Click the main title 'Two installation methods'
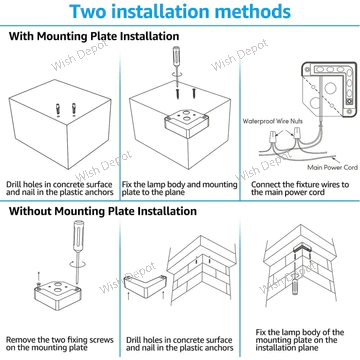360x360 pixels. click(x=180, y=11)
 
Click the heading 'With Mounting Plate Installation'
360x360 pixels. click(x=94, y=36)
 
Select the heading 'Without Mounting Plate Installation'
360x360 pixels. click(x=103, y=211)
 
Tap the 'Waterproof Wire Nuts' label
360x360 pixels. click(x=273, y=121)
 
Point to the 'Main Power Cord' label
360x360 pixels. click(x=332, y=167)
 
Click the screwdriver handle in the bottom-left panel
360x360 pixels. click(x=78, y=236)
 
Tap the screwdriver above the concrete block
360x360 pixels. click(x=176, y=58)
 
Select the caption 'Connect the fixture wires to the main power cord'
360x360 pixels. click(x=300, y=188)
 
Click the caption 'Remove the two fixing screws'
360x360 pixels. click(x=60, y=340)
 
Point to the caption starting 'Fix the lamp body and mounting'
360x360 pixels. click(x=179, y=188)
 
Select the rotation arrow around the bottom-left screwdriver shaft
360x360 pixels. click(x=77, y=264)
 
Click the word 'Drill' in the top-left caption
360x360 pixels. click(x=14, y=184)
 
